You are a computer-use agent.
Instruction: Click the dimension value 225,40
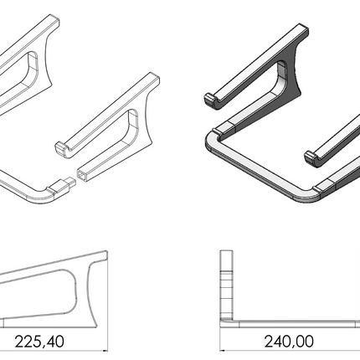tap(39, 342)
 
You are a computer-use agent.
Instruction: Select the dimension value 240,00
tap(289, 342)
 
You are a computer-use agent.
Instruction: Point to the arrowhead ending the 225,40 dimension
tap(105, 351)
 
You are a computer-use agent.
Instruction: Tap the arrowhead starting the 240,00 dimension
tap(223, 351)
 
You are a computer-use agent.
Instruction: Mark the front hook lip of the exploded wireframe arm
tap(60, 148)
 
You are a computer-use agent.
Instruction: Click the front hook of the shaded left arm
tap(212, 100)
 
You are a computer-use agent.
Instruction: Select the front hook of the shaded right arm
tap(312, 158)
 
